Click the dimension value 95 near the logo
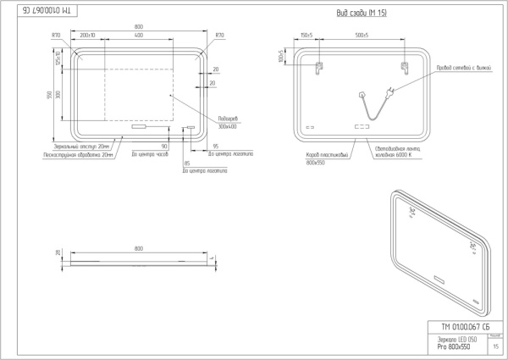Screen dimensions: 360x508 (218, 147)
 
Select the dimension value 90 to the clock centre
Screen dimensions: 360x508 (164, 147)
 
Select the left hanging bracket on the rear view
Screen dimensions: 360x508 (320, 68)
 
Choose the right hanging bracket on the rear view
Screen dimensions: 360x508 (403, 68)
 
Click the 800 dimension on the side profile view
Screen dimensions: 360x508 (138, 248)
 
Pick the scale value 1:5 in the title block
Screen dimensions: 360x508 (494, 346)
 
